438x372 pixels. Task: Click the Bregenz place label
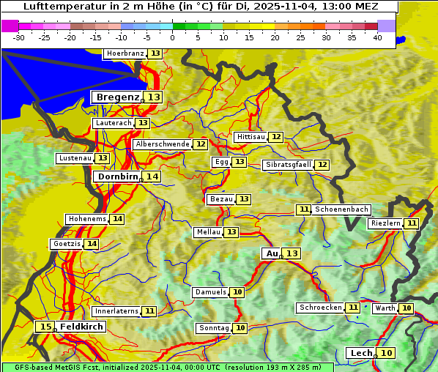tap(117, 97)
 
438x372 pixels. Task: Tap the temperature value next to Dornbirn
tap(152, 176)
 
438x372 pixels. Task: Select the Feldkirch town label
tap(82, 327)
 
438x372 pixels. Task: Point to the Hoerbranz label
tap(124, 53)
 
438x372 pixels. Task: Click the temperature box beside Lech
tap(386, 353)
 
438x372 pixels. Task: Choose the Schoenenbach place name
tap(341, 209)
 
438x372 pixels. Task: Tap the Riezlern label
tap(385, 223)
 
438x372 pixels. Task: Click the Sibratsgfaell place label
tap(288, 165)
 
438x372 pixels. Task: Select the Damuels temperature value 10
tap(237, 292)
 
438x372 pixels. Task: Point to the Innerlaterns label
tap(116, 311)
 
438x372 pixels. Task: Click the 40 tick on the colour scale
tap(377, 37)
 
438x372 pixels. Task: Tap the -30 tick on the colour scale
tap(19, 37)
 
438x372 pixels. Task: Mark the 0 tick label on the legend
tap(173, 37)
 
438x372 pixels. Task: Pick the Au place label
tap(272, 253)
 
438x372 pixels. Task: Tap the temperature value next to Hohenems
tap(117, 219)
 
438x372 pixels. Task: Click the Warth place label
tap(385, 308)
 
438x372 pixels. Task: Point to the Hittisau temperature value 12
tap(275, 137)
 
